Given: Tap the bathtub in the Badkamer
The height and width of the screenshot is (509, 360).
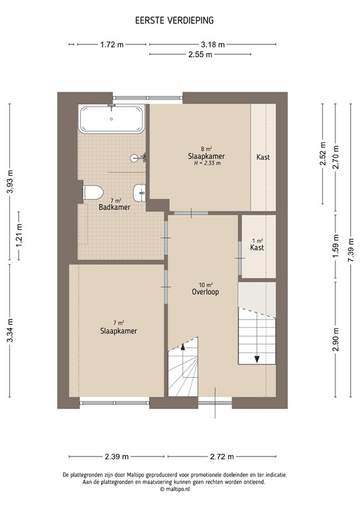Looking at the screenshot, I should (111, 119).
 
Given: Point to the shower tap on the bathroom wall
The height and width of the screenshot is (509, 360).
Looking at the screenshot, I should (141, 158).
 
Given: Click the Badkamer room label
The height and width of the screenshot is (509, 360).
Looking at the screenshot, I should (114, 207).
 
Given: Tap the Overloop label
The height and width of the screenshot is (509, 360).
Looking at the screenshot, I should (205, 292).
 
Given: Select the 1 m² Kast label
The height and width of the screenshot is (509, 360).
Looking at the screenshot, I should (257, 247).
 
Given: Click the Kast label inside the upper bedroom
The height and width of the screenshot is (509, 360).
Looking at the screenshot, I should (263, 158).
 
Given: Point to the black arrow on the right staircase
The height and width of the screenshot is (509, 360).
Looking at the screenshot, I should (257, 358).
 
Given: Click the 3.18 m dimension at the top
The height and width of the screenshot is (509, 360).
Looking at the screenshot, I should (212, 44).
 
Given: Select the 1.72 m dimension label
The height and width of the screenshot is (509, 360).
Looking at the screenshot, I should (112, 44).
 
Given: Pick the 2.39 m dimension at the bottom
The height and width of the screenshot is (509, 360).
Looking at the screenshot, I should (117, 457).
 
